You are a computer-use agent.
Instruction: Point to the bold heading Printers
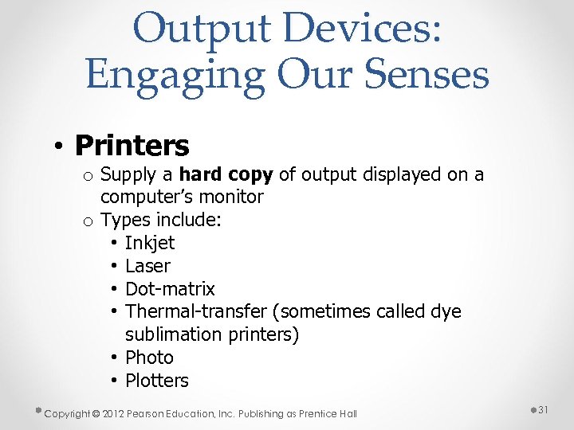(x=132, y=145)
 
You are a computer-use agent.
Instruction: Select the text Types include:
(x=159, y=219)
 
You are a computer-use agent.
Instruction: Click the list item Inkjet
(x=150, y=242)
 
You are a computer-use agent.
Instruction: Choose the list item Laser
(x=147, y=265)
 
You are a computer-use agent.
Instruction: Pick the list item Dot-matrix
(x=170, y=288)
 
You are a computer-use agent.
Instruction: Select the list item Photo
(x=149, y=357)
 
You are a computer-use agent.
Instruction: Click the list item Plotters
(x=157, y=380)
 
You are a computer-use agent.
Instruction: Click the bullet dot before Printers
(x=59, y=147)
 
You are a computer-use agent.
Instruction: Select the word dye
(x=445, y=311)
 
